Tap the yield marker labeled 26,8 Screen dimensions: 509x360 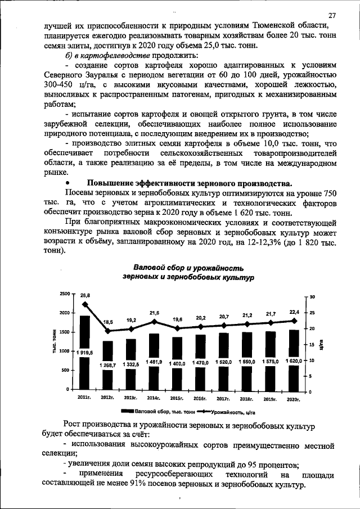click(x=85, y=304)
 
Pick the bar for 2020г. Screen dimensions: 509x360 click(x=293, y=360)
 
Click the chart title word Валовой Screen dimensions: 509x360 click(x=150, y=268)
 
